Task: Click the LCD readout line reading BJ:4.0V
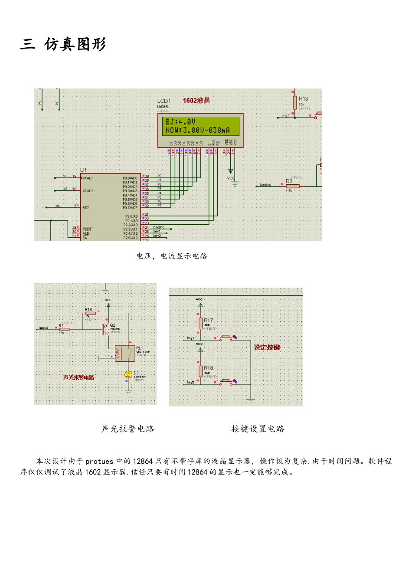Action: pos(181,122)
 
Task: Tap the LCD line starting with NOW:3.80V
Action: pos(198,130)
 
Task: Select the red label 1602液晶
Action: pos(196,101)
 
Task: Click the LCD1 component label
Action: pos(164,101)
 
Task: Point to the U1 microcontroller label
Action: pos(83,170)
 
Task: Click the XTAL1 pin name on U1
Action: pos(88,178)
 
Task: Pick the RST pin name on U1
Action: pos(86,208)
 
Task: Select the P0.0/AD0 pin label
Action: pos(130,178)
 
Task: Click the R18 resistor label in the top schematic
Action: pos(303,99)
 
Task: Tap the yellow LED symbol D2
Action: pos(128,374)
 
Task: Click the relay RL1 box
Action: pos(124,354)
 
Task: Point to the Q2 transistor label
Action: pos(113,325)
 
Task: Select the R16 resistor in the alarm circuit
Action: pos(90,313)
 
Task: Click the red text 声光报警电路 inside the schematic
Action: pos(78,378)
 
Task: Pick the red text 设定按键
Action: pos(267,347)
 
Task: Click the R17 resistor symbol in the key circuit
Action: pos(200,323)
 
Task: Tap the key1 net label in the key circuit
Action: pos(190,338)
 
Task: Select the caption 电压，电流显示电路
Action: pos(172,256)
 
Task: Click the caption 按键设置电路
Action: pos(258,429)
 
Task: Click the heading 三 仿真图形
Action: pos(63,44)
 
